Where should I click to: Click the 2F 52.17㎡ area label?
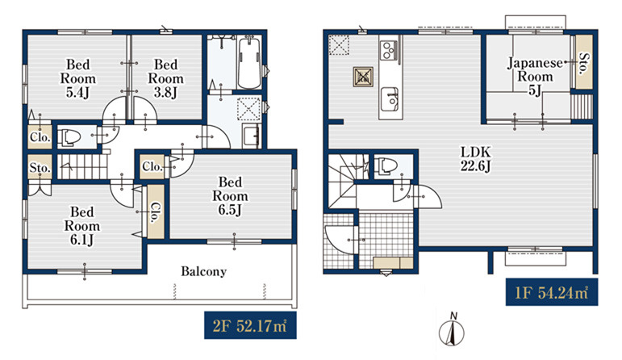(250, 325)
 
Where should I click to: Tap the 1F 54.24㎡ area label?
(551, 292)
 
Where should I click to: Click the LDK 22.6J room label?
(475, 158)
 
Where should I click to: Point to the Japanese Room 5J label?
(535, 76)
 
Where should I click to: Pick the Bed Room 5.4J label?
(77, 78)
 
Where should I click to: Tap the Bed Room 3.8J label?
(166, 78)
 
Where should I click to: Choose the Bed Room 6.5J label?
(230, 195)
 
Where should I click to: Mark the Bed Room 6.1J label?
(82, 225)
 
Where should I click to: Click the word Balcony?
(204, 271)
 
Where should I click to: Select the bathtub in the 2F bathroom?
(249, 62)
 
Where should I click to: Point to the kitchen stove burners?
(388, 50)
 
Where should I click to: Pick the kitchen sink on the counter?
(390, 99)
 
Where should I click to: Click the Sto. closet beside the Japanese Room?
(583, 62)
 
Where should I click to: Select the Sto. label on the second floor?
(40, 168)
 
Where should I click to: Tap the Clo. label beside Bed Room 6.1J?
(156, 212)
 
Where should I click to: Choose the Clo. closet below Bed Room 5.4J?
(40, 137)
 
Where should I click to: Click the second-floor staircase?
(82, 167)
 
